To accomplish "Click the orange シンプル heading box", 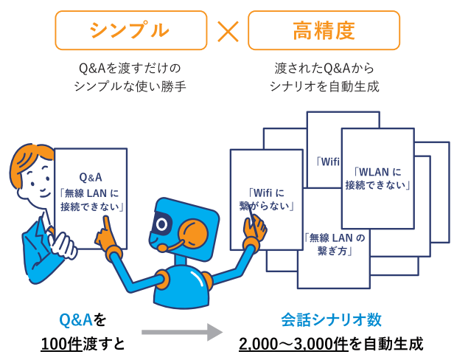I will [x=130, y=30].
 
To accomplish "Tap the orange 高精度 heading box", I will [x=324, y=30].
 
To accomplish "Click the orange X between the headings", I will [x=227, y=31].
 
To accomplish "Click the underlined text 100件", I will [x=60, y=343].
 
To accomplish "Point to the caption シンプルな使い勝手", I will [x=130, y=87].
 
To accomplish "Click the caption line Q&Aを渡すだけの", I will [x=130, y=69].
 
